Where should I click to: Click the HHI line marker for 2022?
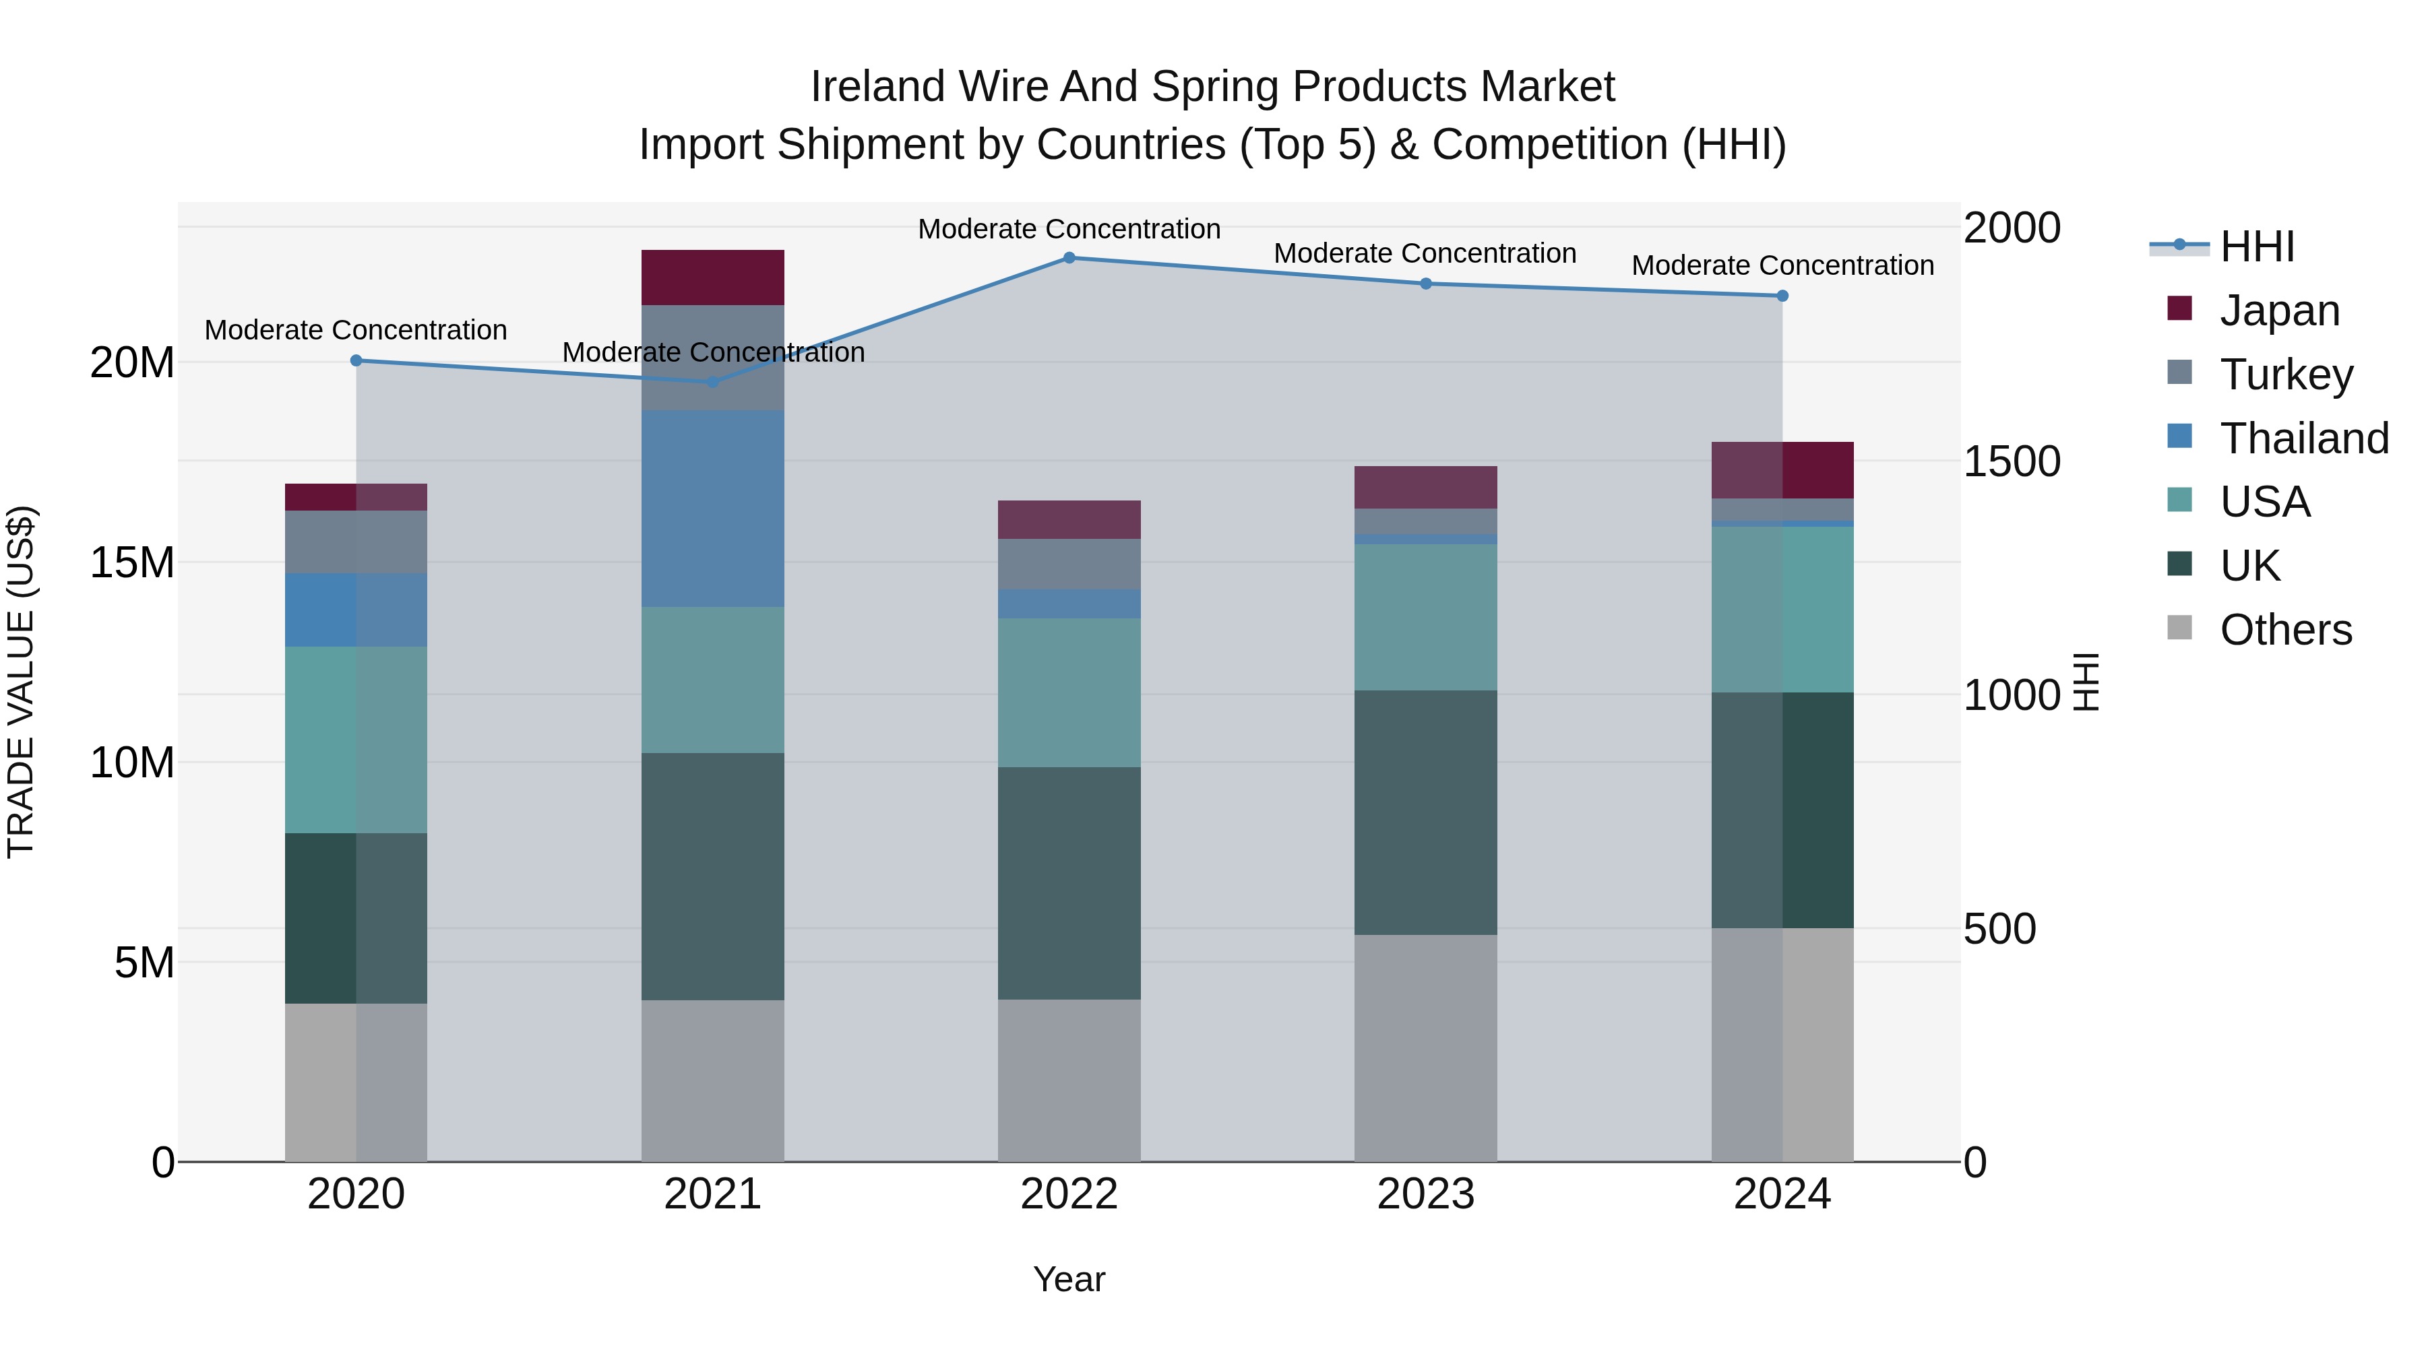(x=1069, y=258)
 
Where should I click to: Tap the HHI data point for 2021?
(x=713, y=382)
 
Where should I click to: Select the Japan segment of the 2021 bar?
(x=713, y=278)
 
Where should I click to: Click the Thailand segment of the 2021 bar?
(x=713, y=509)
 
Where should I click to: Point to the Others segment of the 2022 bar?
(x=1069, y=1080)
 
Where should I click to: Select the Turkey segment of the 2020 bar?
(x=356, y=542)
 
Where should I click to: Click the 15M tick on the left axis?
(x=132, y=563)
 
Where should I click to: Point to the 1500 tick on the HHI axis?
(x=2012, y=461)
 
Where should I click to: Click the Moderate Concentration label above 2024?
(x=1782, y=265)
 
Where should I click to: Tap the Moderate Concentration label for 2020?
(x=356, y=331)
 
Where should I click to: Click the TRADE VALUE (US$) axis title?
(x=21, y=682)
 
